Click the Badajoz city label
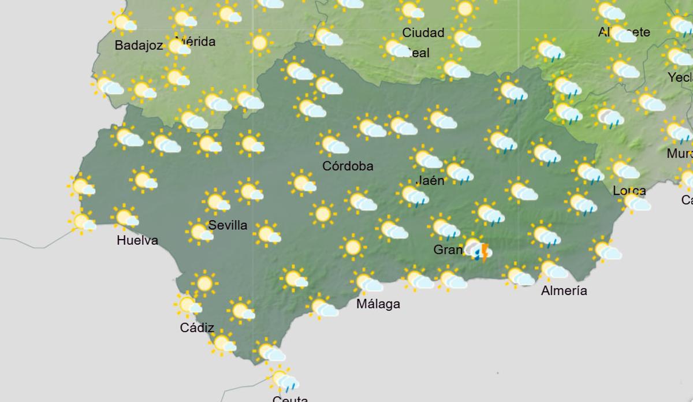coord(139,46)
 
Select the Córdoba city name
coord(348,166)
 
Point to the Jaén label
coord(430,180)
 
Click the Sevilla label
coord(228,225)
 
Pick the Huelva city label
coord(137,240)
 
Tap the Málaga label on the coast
coord(378,304)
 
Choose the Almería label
coord(564,291)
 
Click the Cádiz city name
coord(198,328)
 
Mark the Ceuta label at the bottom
coord(290,399)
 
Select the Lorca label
coord(629,191)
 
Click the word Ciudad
coord(423,32)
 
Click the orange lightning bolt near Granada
coord(485,252)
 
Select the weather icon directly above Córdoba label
coord(333,144)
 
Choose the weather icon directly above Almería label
coord(553,269)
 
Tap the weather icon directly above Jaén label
coord(427,159)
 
